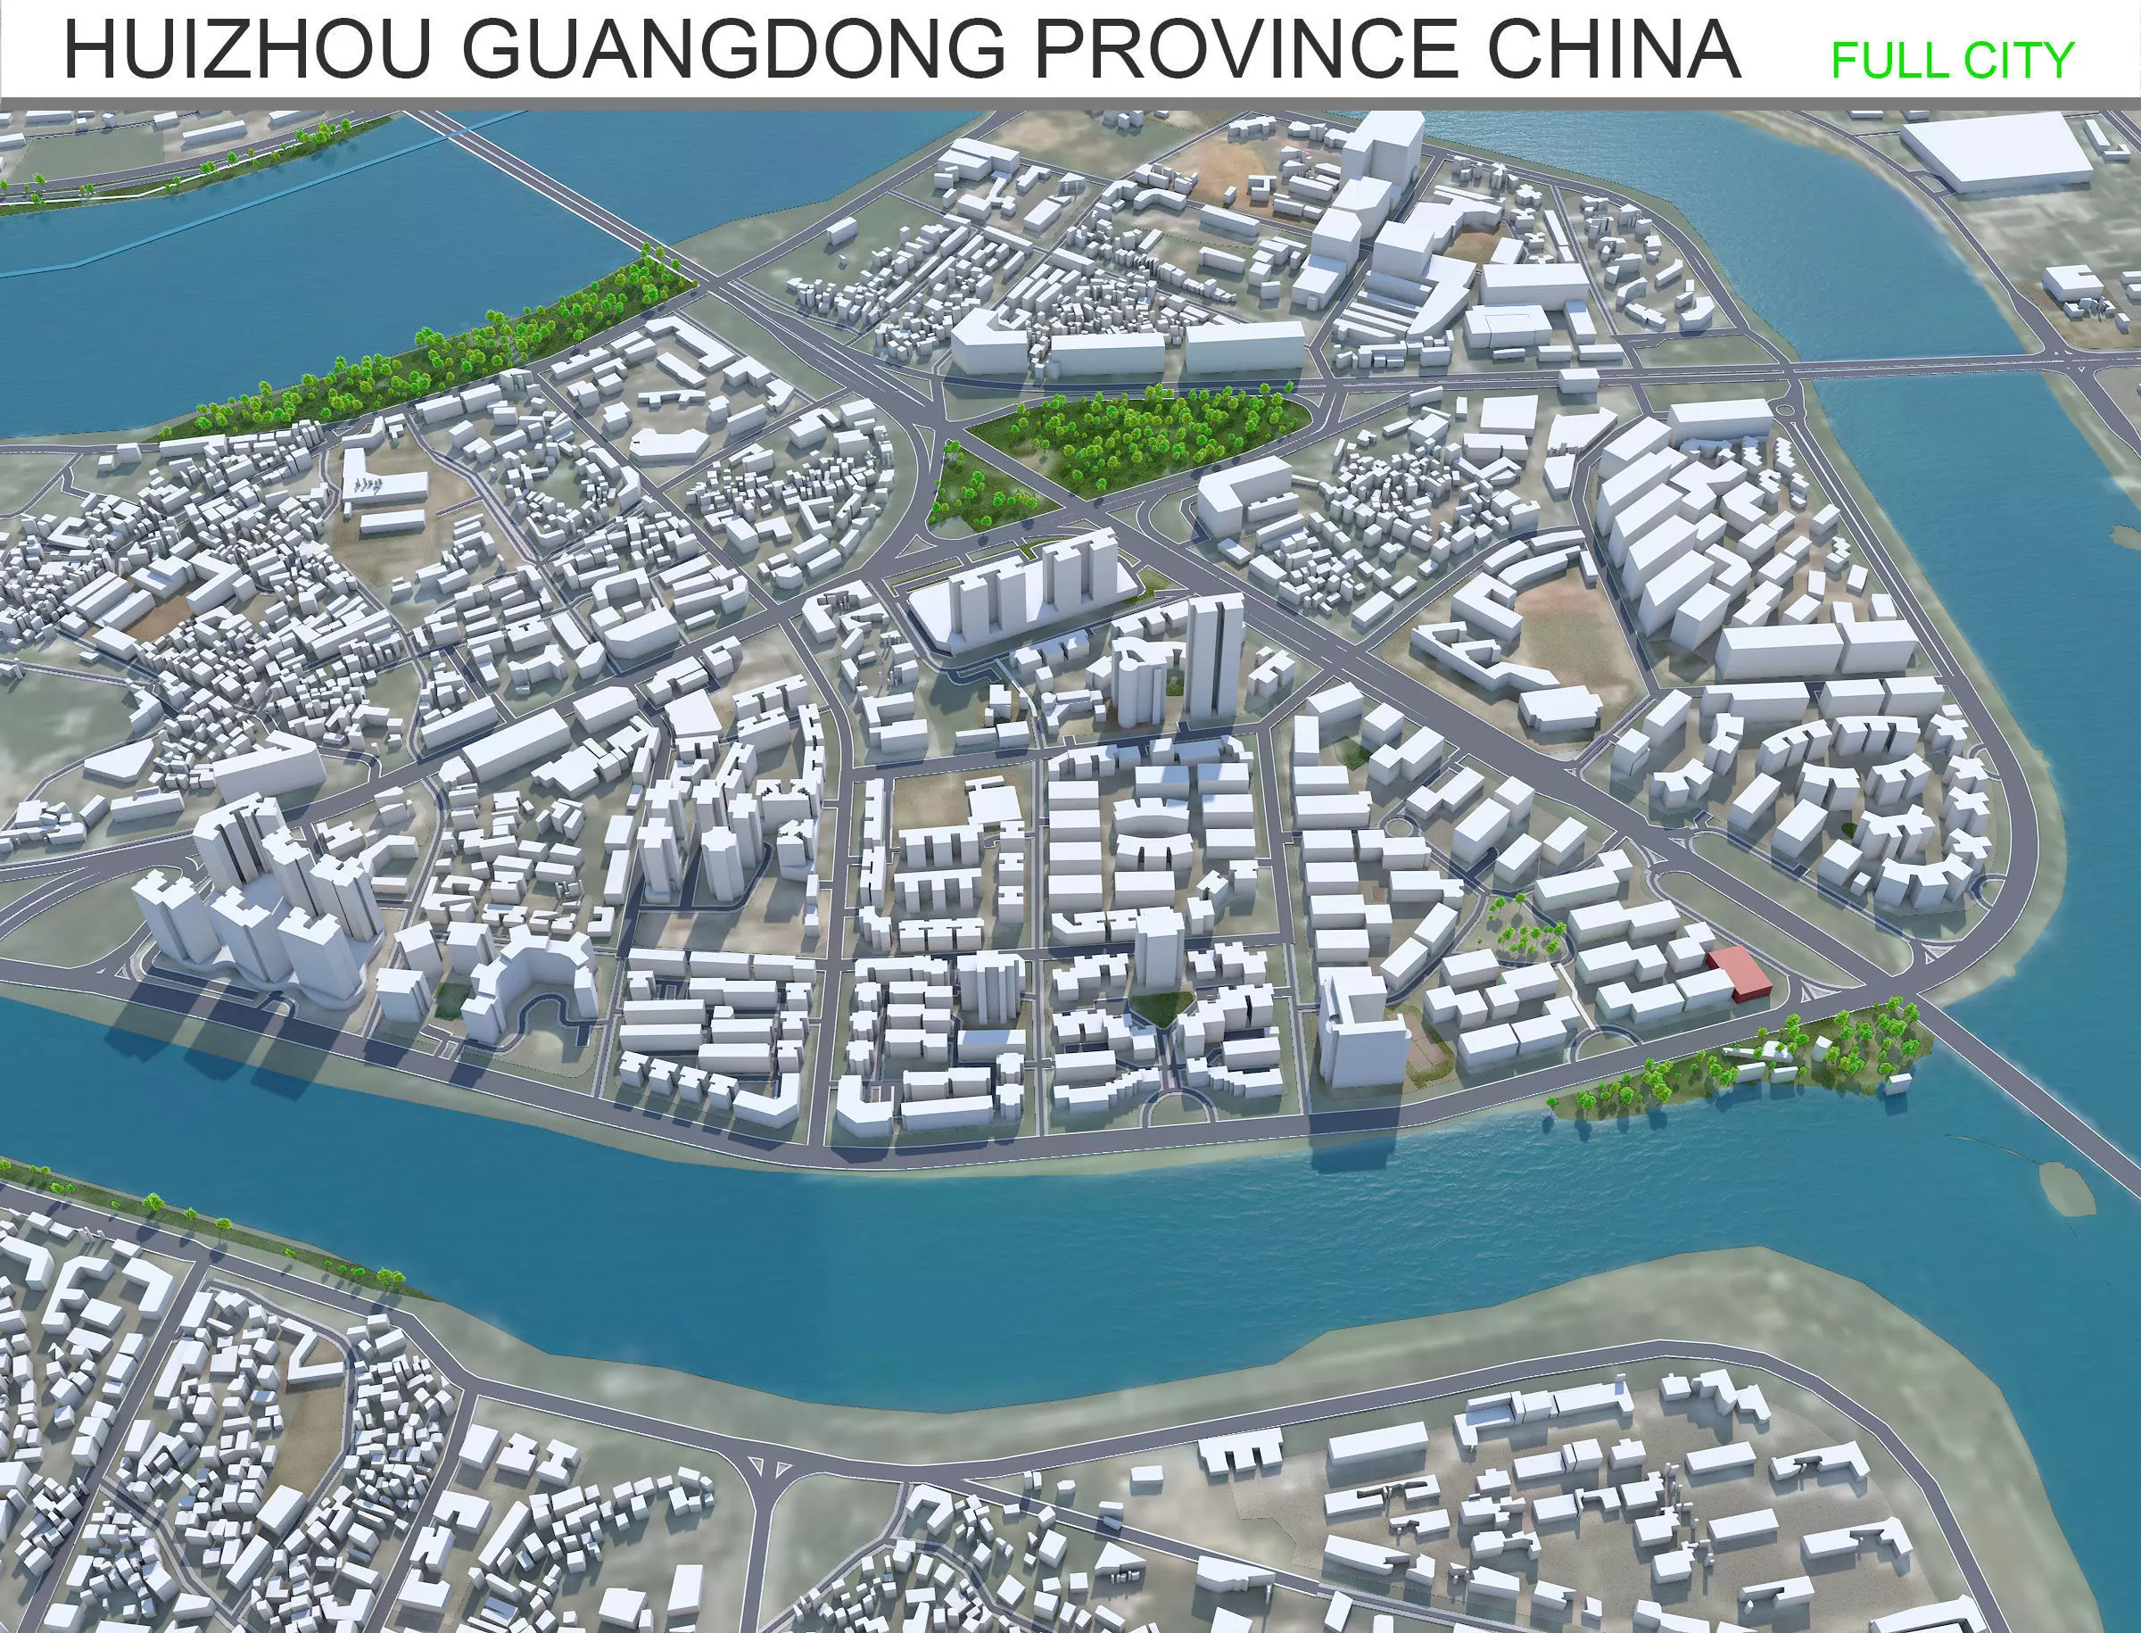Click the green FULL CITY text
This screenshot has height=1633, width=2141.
(x=1953, y=61)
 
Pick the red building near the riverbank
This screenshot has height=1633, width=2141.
(x=1740, y=973)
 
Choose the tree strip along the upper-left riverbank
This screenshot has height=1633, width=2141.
(x=437, y=350)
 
